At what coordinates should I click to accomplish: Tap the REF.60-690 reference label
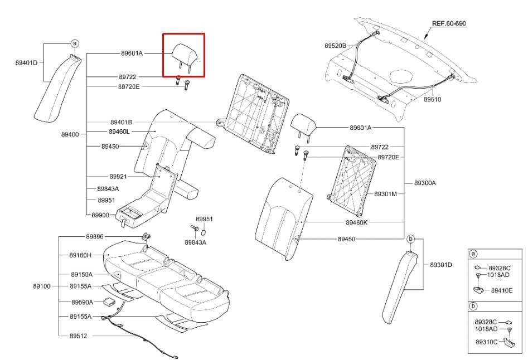(x=449, y=23)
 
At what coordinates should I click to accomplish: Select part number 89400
(x=70, y=134)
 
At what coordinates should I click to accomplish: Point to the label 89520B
(x=335, y=46)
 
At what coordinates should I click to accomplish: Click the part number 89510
(x=432, y=99)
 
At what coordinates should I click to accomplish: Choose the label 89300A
(x=425, y=183)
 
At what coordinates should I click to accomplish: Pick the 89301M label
(x=386, y=194)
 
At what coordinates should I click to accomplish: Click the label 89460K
(x=357, y=222)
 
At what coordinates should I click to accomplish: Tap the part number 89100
(x=42, y=286)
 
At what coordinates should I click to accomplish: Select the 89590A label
(x=82, y=302)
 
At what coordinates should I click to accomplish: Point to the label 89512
(x=79, y=336)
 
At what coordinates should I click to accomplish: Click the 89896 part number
(x=95, y=236)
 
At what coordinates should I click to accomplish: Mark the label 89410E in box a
(x=502, y=290)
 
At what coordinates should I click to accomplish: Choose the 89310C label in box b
(x=487, y=342)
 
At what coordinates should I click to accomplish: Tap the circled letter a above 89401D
(x=75, y=43)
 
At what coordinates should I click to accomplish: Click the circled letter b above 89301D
(x=410, y=239)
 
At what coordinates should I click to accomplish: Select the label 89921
(x=118, y=177)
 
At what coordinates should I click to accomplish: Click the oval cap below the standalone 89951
(x=204, y=232)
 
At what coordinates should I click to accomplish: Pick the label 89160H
(x=80, y=255)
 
